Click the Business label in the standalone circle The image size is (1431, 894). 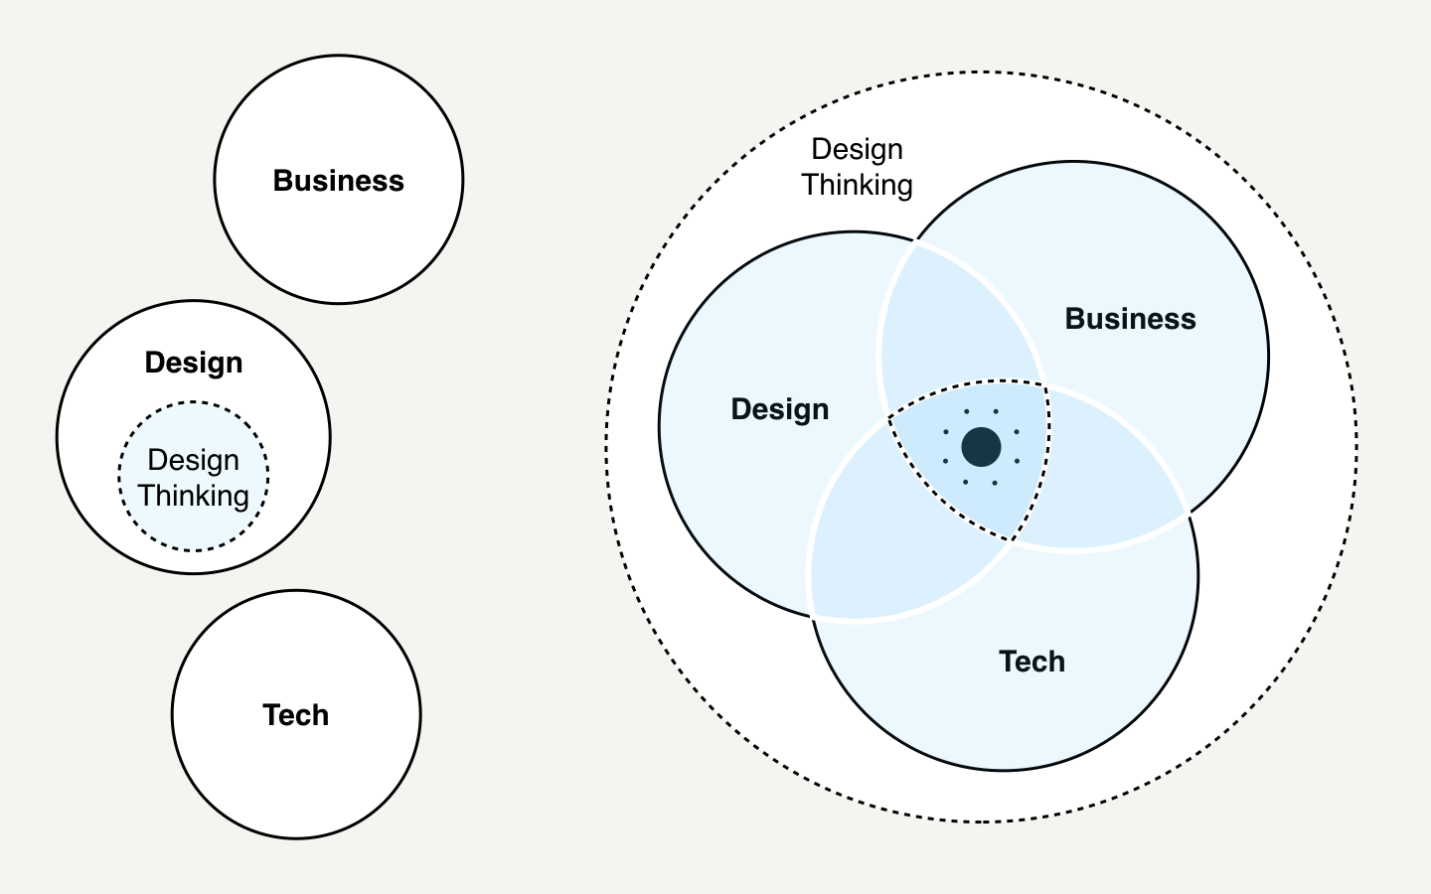tap(338, 181)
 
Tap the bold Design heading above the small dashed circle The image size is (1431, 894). tap(194, 363)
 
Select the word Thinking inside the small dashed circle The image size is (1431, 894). tap(194, 496)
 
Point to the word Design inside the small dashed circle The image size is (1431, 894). tap(194, 460)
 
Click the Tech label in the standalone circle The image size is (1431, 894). tap(295, 715)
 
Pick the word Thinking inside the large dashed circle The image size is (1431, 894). tap(857, 185)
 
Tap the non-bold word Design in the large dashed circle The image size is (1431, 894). tap(857, 149)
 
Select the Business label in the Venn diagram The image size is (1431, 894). tap(1130, 319)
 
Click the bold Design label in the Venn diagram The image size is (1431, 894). tap(779, 409)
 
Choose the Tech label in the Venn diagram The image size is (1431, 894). tap(1032, 662)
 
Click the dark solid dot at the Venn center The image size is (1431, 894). tap(981, 447)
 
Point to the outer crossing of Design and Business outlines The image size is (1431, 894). tap(915, 240)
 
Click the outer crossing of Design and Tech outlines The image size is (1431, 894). tap(813, 617)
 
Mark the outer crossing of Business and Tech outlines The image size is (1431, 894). tap(1188, 514)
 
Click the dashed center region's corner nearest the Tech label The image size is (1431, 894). tap(1011, 540)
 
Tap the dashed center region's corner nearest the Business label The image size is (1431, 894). tap(1045, 385)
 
